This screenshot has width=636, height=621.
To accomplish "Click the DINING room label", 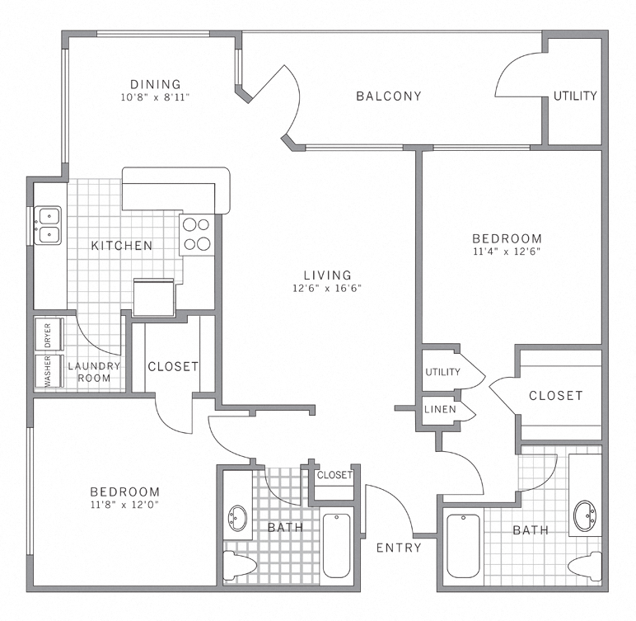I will [x=155, y=83].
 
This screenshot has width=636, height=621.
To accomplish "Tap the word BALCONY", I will [x=388, y=96].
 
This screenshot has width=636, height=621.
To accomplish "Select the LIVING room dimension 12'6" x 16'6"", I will [x=327, y=289].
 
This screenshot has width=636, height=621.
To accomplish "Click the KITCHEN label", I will [x=121, y=245].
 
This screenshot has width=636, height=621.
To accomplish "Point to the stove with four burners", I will [x=197, y=233].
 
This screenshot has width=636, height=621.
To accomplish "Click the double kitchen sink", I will [x=49, y=225].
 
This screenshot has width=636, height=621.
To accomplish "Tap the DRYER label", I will [x=48, y=336].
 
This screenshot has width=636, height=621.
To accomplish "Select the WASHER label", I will [x=48, y=371].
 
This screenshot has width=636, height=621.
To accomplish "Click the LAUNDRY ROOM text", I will [x=94, y=372].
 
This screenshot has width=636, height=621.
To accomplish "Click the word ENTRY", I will [x=399, y=547].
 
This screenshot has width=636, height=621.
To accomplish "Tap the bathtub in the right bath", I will [x=463, y=546].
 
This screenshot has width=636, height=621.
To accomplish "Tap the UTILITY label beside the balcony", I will [x=574, y=96].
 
